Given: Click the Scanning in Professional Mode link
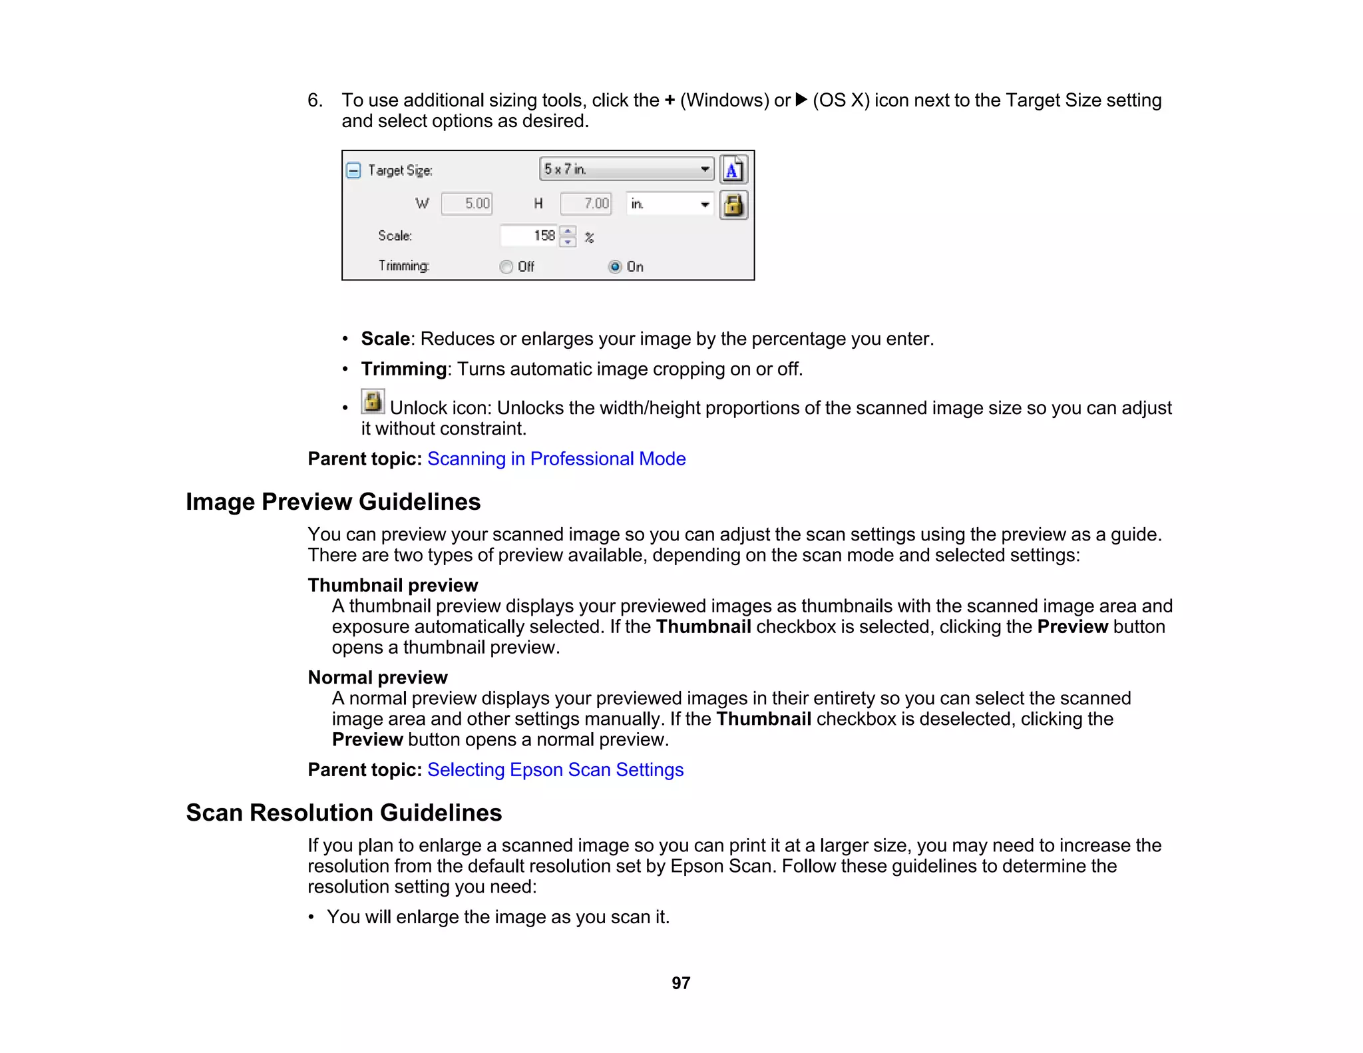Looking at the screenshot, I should tap(556, 459).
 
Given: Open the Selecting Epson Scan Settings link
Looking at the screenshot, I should tap(555, 769).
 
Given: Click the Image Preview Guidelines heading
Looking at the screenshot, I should tap(333, 502).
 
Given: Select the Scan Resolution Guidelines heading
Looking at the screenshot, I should tap(343, 813).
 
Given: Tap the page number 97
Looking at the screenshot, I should tap(681, 983).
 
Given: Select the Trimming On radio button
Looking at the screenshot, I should tap(615, 267).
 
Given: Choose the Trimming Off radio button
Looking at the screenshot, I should tap(506, 267).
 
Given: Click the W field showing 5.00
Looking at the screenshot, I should tap(467, 204).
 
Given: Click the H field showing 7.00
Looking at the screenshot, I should tap(586, 204).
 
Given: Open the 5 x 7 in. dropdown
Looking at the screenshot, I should tap(626, 170).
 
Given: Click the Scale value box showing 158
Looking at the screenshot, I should tap(530, 236).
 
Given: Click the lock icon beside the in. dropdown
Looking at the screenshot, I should tap(733, 205).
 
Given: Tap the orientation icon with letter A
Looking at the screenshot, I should tap(733, 170).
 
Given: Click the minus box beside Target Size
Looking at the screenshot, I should tap(354, 170).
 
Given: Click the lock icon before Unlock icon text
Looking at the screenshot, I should tap(373, 401).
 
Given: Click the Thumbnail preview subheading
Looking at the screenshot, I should tap(393, 585).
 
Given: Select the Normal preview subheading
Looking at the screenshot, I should tap(377, 678).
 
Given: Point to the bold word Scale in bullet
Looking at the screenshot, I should tap(385, 339).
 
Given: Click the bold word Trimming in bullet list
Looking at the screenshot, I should tap(403, 369).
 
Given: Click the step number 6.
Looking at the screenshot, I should tap(314, 101).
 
